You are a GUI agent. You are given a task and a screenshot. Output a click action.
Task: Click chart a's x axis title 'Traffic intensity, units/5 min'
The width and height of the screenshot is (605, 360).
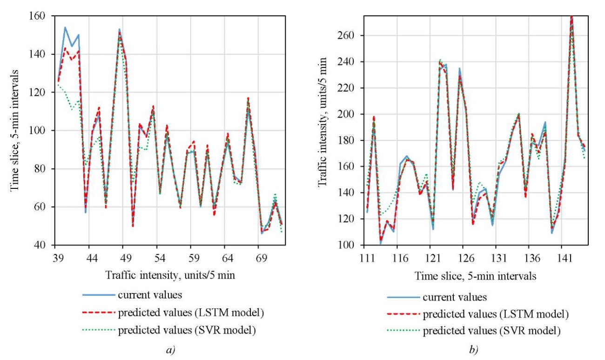tap(169, 275)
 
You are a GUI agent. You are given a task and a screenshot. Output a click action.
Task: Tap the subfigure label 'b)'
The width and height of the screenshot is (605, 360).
tap(472, 348)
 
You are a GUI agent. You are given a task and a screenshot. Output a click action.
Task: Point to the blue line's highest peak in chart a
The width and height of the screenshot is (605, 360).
tap(65, 27)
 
